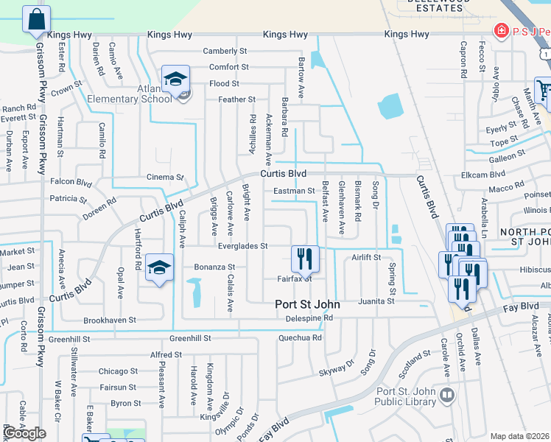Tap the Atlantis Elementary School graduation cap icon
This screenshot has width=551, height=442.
click(176, 80)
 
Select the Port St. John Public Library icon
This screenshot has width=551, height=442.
click(446, 396)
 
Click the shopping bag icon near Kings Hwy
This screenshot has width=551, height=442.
click(36, 19)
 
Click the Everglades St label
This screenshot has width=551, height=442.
click(242, 245)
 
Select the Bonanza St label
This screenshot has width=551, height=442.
click(214, 267)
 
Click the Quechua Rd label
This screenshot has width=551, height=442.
click(300, 338)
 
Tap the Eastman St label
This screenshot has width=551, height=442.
click(294, 192)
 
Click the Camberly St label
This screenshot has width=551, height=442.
click(225, 52)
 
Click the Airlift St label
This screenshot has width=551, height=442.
click(365, 258)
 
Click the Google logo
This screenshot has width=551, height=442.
click(25, 434)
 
